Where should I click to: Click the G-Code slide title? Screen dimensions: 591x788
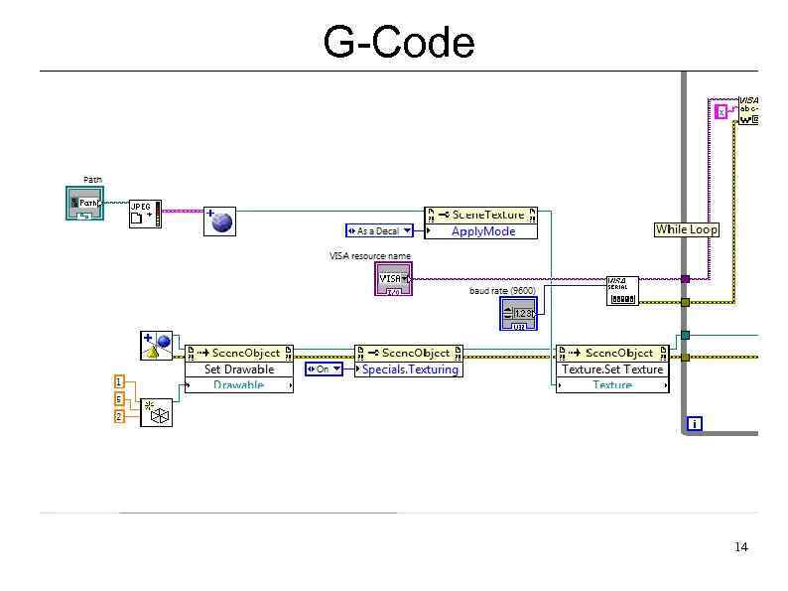click(x=398, y=43)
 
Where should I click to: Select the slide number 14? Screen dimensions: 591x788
click(x=740, y=547)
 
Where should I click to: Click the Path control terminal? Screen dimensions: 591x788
click(x=84, y=204)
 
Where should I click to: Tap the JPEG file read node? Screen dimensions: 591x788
click(x=144, y=213)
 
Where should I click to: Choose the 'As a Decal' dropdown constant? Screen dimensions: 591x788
click(x=379, y=231)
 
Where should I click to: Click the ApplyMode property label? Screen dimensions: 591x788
click(x=482, y=231)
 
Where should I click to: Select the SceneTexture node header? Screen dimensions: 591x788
click(x=480, y=215)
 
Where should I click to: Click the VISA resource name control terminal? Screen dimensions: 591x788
click(x=394, y=279)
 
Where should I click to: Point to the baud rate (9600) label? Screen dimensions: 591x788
click(x=502, y=290)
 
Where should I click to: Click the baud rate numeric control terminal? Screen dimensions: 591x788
click(x=518, y=314)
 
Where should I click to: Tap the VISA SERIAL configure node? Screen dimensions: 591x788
click(x=622, y=290)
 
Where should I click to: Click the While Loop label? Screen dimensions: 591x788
click(x=686, y=229)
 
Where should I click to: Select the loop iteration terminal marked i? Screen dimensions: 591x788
click(x=694, y=424)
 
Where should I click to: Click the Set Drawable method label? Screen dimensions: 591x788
click(x=238, y=369)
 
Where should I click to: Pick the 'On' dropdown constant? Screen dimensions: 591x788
click(x=323, y=369)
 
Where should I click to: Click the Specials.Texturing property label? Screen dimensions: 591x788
click(x=409, y=369)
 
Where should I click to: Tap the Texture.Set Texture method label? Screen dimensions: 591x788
click(x=611, y=369)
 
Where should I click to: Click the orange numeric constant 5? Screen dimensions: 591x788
click(x=119, y=399)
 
